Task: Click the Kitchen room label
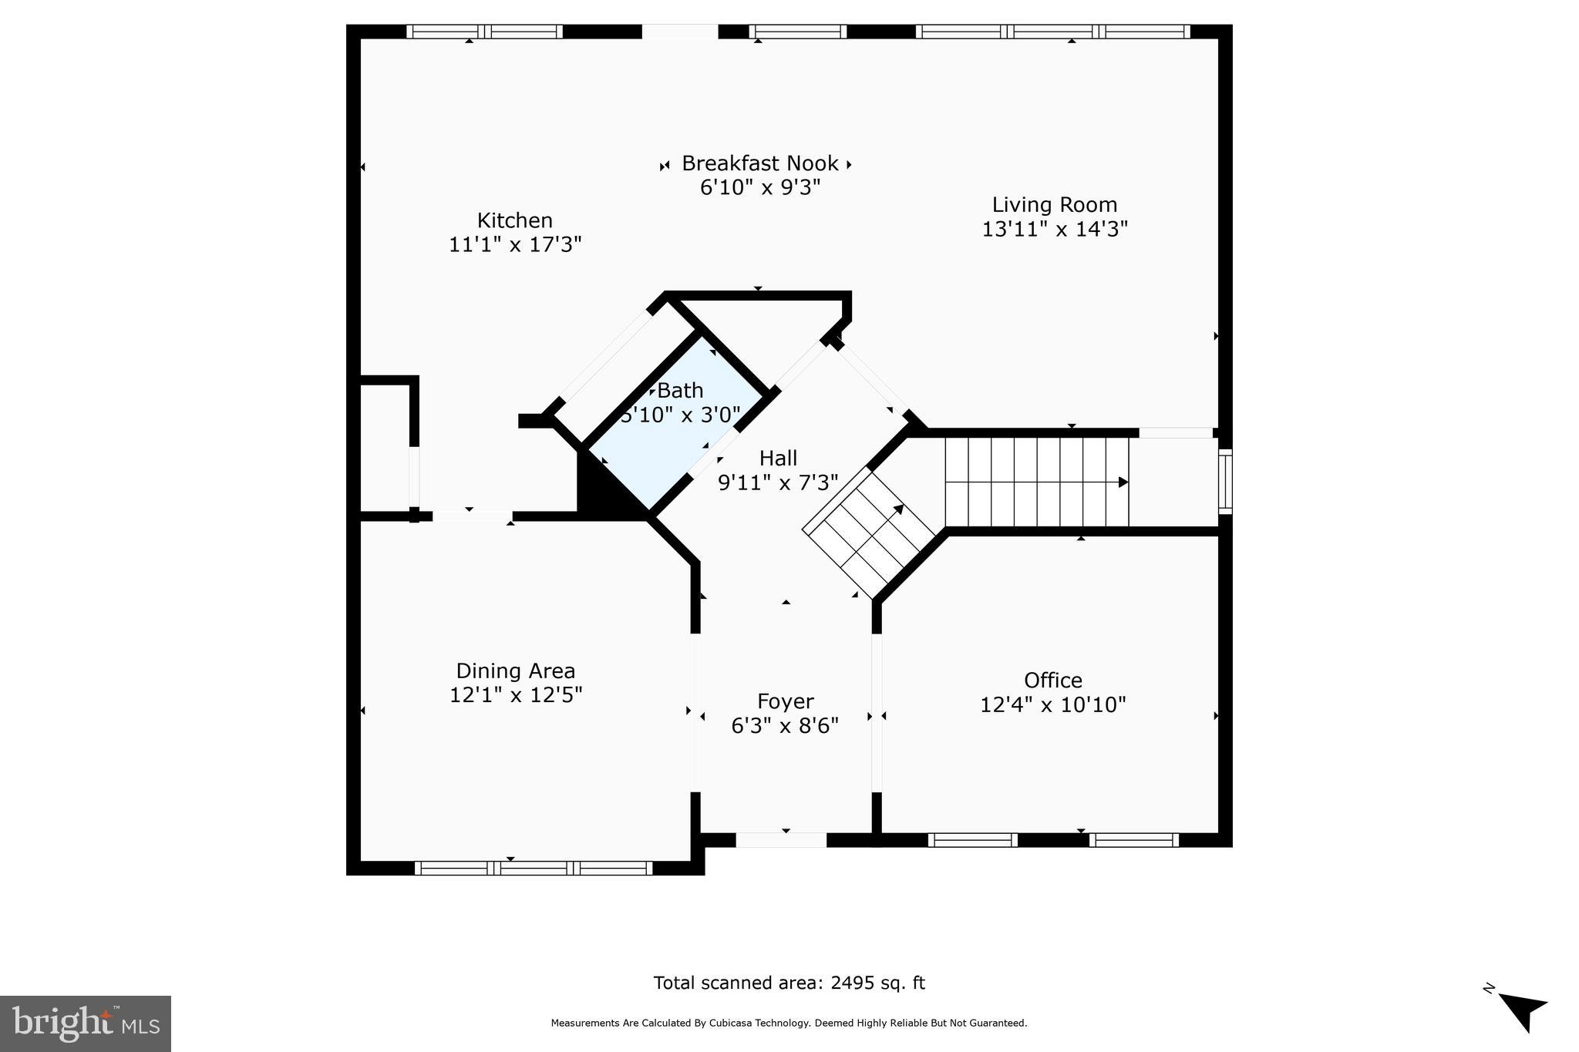514,220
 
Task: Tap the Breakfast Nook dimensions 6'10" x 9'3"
759,187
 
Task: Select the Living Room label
1054,205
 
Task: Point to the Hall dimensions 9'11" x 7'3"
777,482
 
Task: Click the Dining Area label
515,671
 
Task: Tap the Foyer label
785,701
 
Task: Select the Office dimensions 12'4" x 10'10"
1052,704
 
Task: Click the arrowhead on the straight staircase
1123,482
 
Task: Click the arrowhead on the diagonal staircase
899,509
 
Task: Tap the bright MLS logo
86,1023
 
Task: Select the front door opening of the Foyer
780,839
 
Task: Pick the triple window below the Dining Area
534,868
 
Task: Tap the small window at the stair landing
1224,482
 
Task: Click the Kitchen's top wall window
484,32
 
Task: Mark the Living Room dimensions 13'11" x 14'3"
1054,229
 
